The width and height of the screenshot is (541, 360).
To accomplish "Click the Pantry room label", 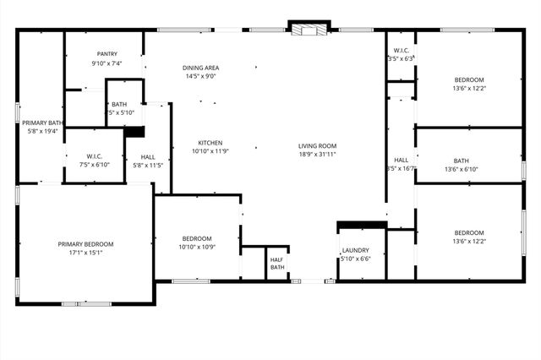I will click(x=107, y=54).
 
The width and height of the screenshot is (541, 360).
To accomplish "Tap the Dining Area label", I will click(x=201, y=68).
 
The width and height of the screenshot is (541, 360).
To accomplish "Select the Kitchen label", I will click(x=210, y=142).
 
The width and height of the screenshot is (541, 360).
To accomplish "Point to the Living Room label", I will click(x=317, y=145).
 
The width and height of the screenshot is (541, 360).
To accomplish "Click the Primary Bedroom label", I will click(x=85, y=244).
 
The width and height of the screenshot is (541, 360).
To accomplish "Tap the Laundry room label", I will click(x=355, y=251).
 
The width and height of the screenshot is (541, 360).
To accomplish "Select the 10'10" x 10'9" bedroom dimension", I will click(x=195, y=247).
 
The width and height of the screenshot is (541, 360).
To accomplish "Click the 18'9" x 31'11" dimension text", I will click(x=317, y=155).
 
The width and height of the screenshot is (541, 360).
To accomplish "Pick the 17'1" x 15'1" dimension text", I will click(x=85, y=253).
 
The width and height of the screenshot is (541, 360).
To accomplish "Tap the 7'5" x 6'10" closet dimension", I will click(x=94, y=165).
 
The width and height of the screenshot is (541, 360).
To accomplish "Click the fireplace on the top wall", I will click(x=308, y=29).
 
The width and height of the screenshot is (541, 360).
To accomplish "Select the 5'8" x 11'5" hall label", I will click(x=148, y=166).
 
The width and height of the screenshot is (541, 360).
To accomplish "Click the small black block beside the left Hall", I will click(x=134, y=131).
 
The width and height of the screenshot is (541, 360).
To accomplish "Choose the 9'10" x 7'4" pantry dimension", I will click(x=107, y=63).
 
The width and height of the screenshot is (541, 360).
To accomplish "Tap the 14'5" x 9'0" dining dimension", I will click(x=201, y=77).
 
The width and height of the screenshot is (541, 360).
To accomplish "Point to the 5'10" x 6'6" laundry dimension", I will click(x=355, y=259).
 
